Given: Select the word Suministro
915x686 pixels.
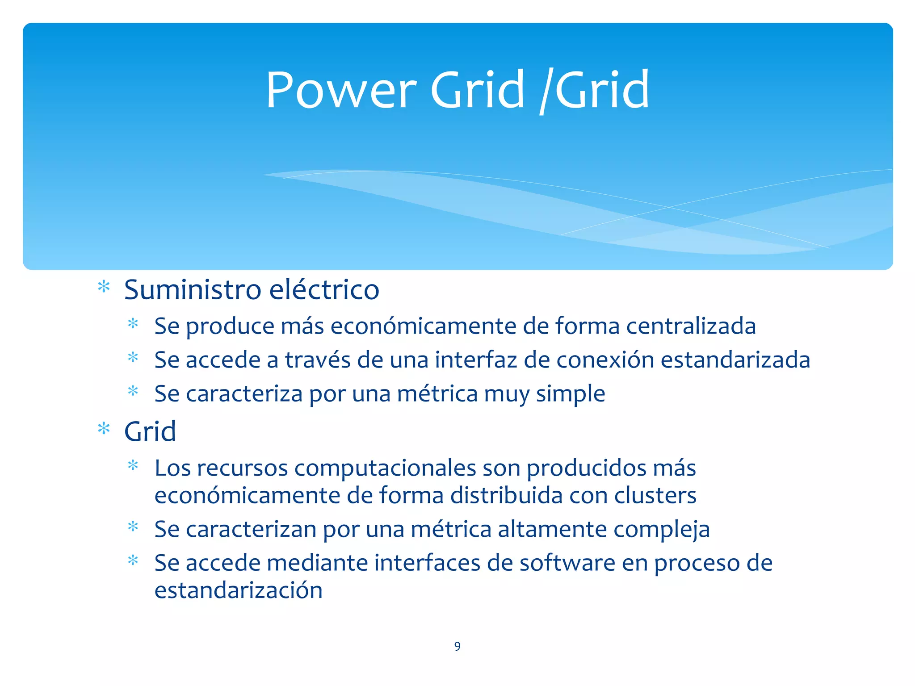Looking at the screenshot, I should (193, 289).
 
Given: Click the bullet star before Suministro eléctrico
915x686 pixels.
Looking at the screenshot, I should (104, 287).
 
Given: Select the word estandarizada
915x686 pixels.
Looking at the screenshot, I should (735, 360).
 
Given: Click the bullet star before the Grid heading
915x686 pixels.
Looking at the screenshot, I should (104, 429).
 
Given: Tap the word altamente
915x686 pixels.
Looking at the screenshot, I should (552, 529).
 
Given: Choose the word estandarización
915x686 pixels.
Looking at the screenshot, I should (239, 590).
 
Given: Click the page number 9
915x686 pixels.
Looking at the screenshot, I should (457, 646).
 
